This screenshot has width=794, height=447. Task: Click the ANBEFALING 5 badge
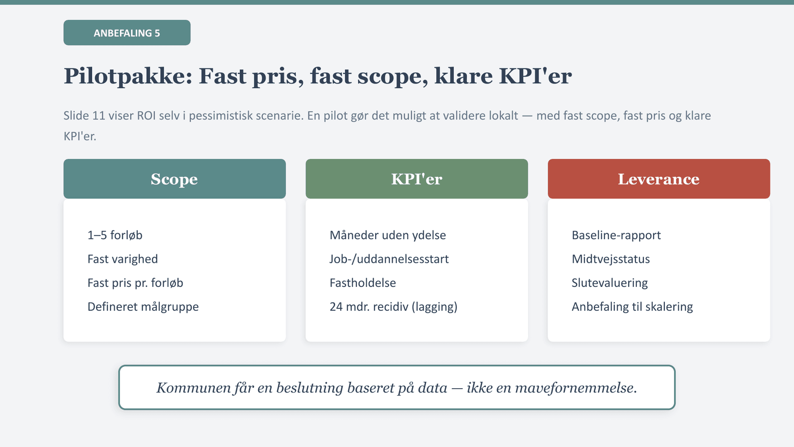[127, 33]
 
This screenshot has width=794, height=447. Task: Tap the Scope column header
[175, 179]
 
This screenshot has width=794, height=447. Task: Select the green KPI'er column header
[417, 179]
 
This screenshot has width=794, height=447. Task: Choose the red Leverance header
[659, 179]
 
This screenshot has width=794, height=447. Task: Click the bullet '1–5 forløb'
[115, 235]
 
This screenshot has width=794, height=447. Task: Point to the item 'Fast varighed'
[123, 259]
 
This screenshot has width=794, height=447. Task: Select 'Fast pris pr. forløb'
[135, 283]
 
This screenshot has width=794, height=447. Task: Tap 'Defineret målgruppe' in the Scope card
[143, 307]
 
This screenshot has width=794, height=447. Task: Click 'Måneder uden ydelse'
[388, 235]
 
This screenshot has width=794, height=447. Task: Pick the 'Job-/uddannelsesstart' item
[389, 259]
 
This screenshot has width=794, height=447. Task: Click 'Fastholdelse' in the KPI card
[363, 283]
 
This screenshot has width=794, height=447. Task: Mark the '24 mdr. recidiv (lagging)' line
[394, 307]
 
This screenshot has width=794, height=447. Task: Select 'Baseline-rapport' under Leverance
[616, 235]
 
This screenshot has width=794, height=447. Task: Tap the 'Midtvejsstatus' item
[611, 259]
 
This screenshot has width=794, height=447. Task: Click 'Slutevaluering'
[610, 283]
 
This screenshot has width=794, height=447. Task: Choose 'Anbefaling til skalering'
[632, 307]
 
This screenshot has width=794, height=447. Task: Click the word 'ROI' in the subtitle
[146, 115]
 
